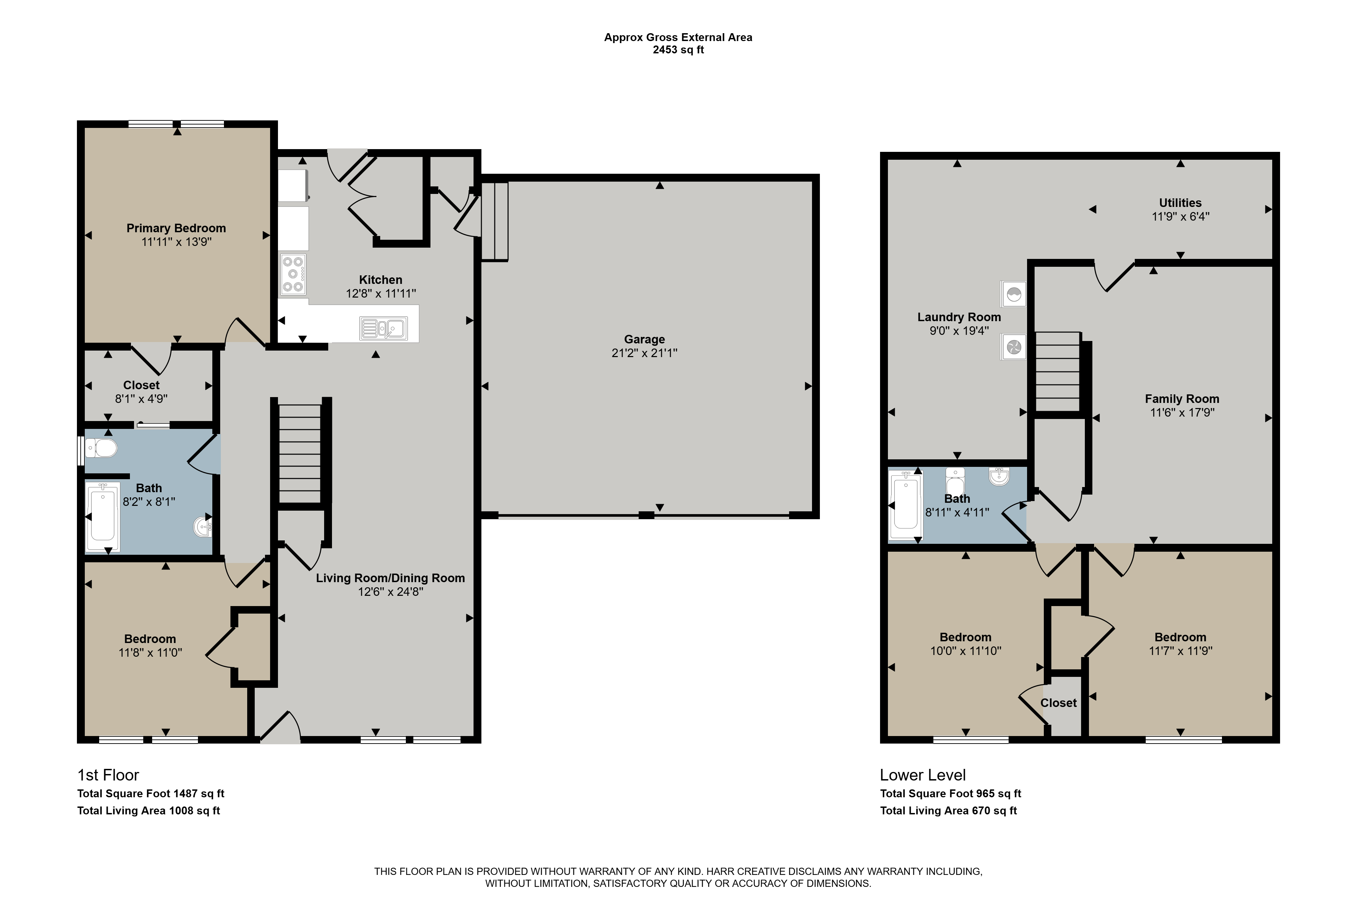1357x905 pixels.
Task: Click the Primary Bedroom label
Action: tap(176, 228)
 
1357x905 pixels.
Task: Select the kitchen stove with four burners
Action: tap(293, 275)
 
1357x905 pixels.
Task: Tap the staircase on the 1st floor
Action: tap(300, 454)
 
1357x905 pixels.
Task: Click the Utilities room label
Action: tap(1181, 202)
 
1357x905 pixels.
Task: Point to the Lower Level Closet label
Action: tap(1058, 703)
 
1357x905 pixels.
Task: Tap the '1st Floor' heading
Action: tap(108, 775)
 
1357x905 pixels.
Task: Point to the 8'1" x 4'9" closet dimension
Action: tap(141, 399)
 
